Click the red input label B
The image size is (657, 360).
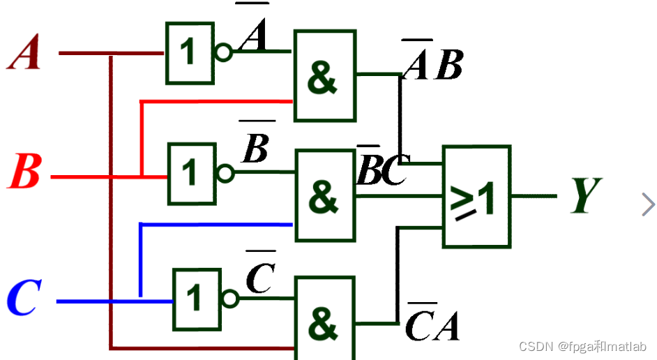tap(24, 172)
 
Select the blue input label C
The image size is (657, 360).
tap(24, 299)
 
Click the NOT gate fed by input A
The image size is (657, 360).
tap(189, 53)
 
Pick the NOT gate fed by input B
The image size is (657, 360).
tap(190, 174)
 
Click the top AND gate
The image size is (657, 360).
tap(324, 75)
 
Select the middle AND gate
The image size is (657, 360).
tap(325, 195)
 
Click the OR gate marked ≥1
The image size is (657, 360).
tap(477, 197)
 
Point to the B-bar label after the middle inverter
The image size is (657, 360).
tap(255, 147)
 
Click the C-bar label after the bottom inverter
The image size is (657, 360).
tap(261, 275)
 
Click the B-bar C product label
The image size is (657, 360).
tap(381, 170)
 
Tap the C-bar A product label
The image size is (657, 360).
tap(432, 323)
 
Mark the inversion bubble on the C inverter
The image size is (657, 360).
tap(229, 300)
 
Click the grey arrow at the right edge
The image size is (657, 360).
tap(648, 204)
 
